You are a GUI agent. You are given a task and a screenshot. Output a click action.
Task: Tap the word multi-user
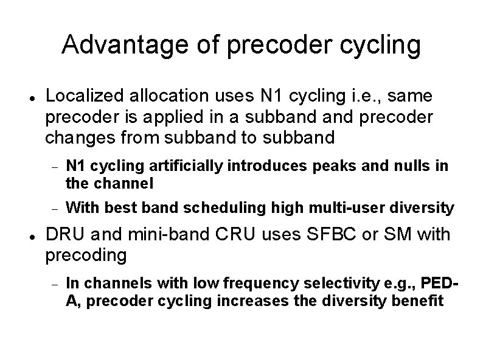click(337, 208)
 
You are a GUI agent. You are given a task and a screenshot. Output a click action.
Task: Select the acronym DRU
click(64, 235)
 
